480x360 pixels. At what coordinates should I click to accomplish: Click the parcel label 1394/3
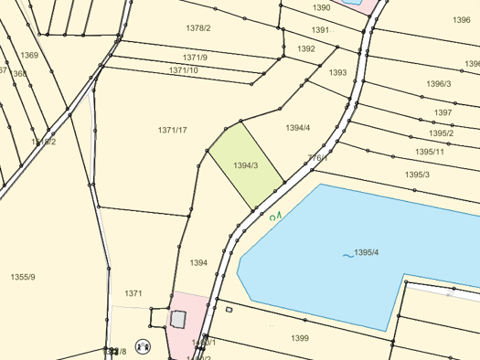(246, 165)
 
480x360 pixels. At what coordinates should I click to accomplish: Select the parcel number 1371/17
(172, 131)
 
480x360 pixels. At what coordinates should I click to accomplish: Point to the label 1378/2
(198, 27)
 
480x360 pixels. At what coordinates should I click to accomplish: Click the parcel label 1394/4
(298, 128)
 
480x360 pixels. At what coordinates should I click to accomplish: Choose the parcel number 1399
(300, 338)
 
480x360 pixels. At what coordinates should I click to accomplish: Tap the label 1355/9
(23, 276)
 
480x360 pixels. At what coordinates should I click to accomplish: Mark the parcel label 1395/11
(430, 152)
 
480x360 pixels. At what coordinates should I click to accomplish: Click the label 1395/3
(417, 174)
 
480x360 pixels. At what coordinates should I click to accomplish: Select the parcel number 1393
(338, 72)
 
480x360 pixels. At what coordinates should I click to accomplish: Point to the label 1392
(306, 48)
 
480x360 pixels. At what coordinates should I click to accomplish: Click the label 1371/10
(183, 70)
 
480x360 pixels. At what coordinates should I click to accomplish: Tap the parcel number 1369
(30, 56)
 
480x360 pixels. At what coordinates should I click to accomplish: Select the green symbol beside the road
(275, 217)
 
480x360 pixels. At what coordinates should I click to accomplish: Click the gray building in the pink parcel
(177, 320)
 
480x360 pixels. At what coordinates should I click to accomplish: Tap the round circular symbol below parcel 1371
(142, 346)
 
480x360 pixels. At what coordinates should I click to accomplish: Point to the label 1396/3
(438, 84)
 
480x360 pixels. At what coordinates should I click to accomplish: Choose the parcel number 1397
(443, 112)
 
